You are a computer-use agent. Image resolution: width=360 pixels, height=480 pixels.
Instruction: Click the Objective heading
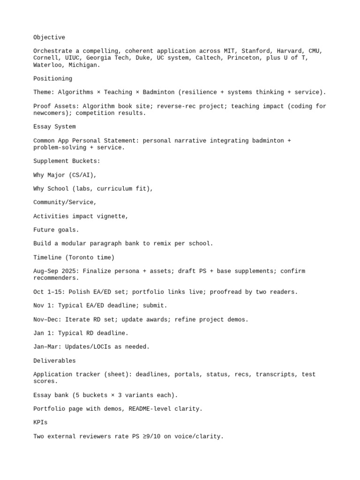click(49, 37)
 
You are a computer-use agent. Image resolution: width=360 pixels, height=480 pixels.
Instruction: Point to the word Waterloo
click(47, 65)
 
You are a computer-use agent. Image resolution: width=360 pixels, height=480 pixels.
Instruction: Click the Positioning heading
click(52, 79)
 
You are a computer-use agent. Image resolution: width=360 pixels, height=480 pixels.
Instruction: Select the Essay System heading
click(54, 127)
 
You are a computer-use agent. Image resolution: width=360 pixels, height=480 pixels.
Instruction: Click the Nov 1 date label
click(42, 306)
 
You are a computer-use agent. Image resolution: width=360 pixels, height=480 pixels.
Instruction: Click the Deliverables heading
click(54, 361)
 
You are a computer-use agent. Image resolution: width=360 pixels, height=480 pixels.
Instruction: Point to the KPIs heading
click(40, 423)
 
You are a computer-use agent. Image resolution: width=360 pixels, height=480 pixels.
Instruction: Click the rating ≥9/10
click(146, 436)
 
